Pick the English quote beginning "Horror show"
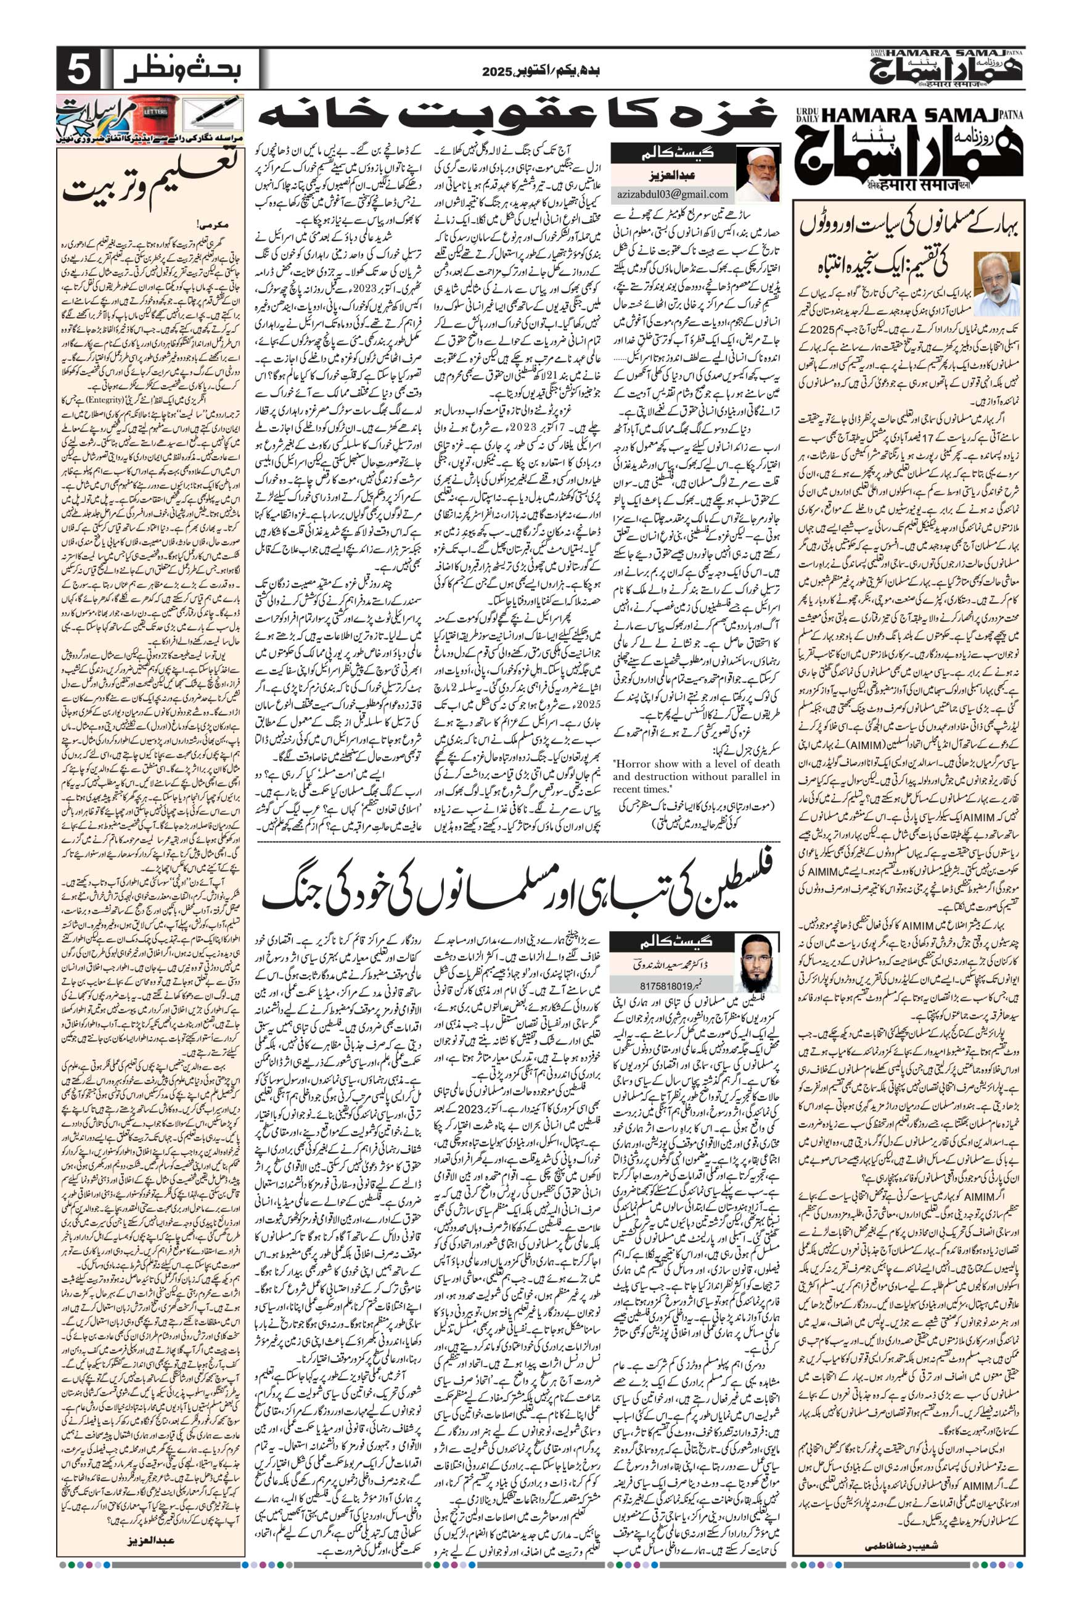[x=695, y=776]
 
